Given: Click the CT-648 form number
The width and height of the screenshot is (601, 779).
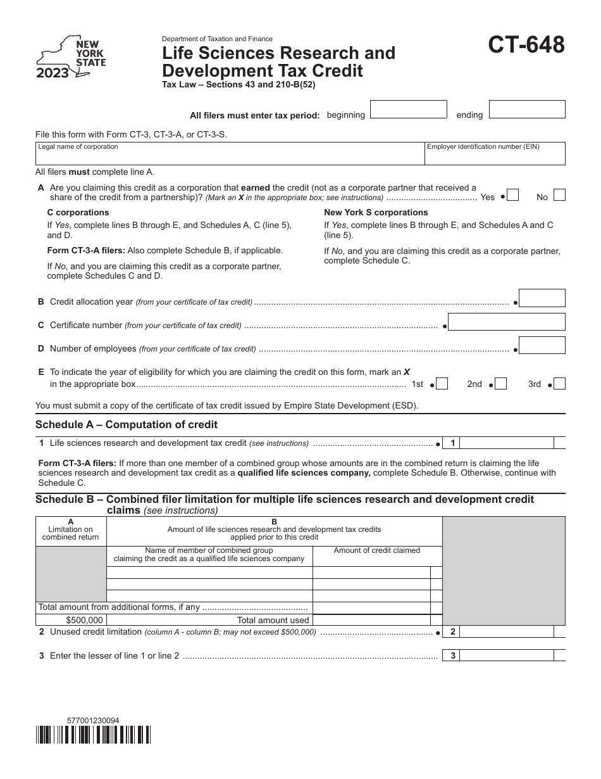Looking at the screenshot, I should [x=526, y=46].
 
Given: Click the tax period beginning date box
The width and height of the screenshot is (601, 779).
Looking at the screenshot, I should [x=408, y=110].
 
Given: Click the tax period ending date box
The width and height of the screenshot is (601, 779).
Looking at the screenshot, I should [x=527, y=110].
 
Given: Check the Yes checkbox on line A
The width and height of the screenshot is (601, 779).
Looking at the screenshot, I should [x=513, y=196].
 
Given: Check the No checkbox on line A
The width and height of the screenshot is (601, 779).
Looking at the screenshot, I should [x=559, y=196].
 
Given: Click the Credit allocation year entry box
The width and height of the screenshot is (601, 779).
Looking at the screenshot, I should [x=542, y=298].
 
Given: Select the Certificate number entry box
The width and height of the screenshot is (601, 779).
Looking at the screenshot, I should [x=507, y=322].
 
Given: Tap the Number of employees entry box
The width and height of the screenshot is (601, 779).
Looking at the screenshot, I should [x=542, y=345].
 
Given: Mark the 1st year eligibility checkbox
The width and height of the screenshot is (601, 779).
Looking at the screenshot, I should [x=442, y=384].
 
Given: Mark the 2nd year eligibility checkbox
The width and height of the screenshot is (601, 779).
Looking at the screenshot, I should [x=500, y=384].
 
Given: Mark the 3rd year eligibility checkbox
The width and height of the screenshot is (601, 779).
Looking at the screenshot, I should [x=559, y=384].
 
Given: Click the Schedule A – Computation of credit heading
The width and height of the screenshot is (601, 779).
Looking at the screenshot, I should [x=127, y=424].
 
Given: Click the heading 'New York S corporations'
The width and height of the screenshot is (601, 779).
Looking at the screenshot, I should [x=376, y=212].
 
